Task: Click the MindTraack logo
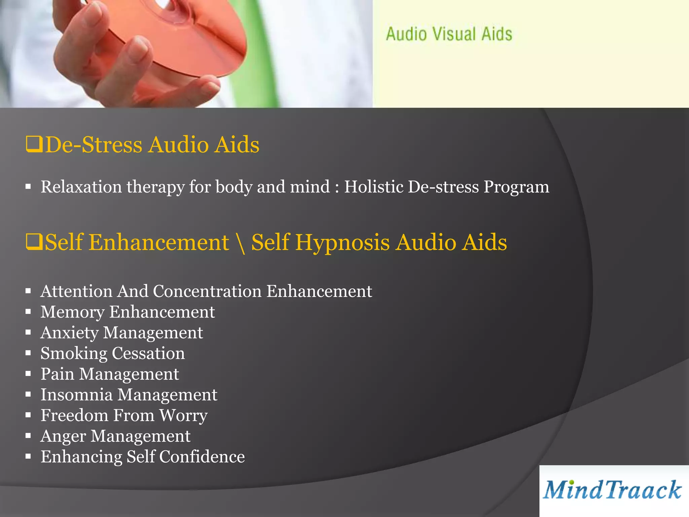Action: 612,490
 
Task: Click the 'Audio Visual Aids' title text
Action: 449,34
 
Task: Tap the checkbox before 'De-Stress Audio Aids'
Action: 34,144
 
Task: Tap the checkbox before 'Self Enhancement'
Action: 34,242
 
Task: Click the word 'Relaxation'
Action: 81,187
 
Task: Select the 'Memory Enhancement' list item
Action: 128,312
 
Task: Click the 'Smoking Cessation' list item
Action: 113,353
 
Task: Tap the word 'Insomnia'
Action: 76,395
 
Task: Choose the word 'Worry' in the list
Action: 183,416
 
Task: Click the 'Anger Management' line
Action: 115,436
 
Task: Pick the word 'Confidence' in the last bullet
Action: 202,457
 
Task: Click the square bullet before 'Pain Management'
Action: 28,374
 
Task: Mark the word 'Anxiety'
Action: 69,333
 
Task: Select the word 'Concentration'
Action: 207,291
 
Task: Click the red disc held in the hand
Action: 188,40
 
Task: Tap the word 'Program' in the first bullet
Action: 516,187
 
